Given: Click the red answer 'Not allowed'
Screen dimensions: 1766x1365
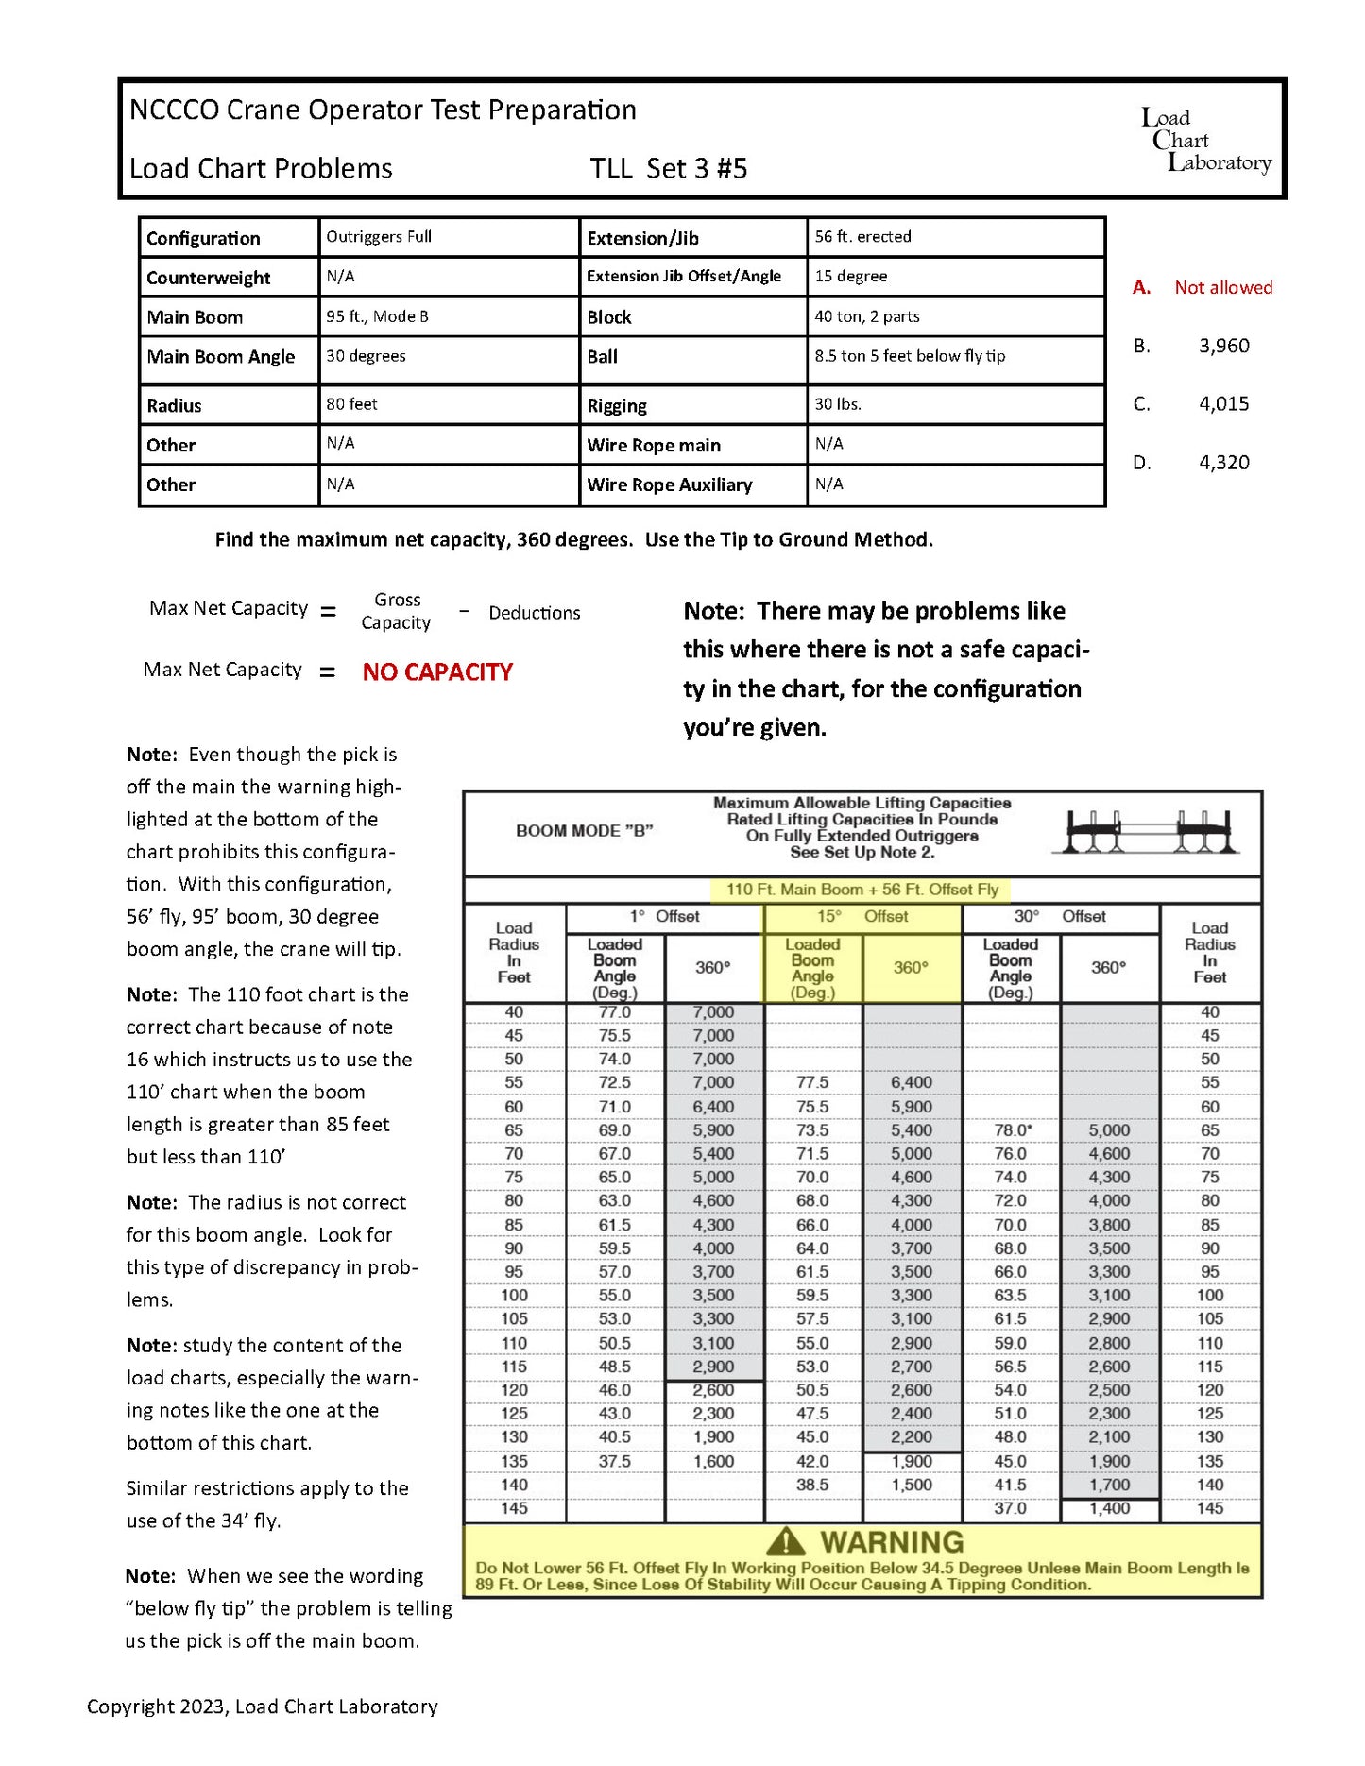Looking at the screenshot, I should coord(1222,287).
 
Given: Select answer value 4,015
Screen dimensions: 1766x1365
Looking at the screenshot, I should coord(1223,404).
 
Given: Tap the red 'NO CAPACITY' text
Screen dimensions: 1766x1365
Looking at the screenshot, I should coord(437,672).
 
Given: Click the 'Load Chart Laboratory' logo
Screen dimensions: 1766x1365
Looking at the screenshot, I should coord(1205,141).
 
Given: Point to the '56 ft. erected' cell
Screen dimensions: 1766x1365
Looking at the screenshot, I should coord(862,237).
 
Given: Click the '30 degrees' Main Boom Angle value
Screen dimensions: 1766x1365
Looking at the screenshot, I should coord(366,356).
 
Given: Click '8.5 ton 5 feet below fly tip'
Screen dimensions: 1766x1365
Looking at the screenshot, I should coord(909,356).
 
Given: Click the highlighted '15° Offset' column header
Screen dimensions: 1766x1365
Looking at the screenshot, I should coord(862,916).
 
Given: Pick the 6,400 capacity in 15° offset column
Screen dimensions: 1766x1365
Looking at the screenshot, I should coord(911,1082).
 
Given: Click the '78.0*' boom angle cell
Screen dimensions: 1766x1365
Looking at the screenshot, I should coord(1012,1129).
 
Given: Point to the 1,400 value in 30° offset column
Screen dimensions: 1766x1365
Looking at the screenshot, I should coord(1109,1508).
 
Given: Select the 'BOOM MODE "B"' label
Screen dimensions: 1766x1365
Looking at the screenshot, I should coord(584,831).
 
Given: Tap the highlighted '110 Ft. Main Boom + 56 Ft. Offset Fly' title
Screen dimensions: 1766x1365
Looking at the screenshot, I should coord(862,890).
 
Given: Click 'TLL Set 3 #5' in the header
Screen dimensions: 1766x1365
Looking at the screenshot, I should coord(668,169).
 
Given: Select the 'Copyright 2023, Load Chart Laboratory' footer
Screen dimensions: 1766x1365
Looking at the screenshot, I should coord(263,1707).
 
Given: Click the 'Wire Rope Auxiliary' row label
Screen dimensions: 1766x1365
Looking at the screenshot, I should coord(669,485).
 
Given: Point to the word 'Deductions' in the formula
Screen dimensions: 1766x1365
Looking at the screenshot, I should coord(534,613).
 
